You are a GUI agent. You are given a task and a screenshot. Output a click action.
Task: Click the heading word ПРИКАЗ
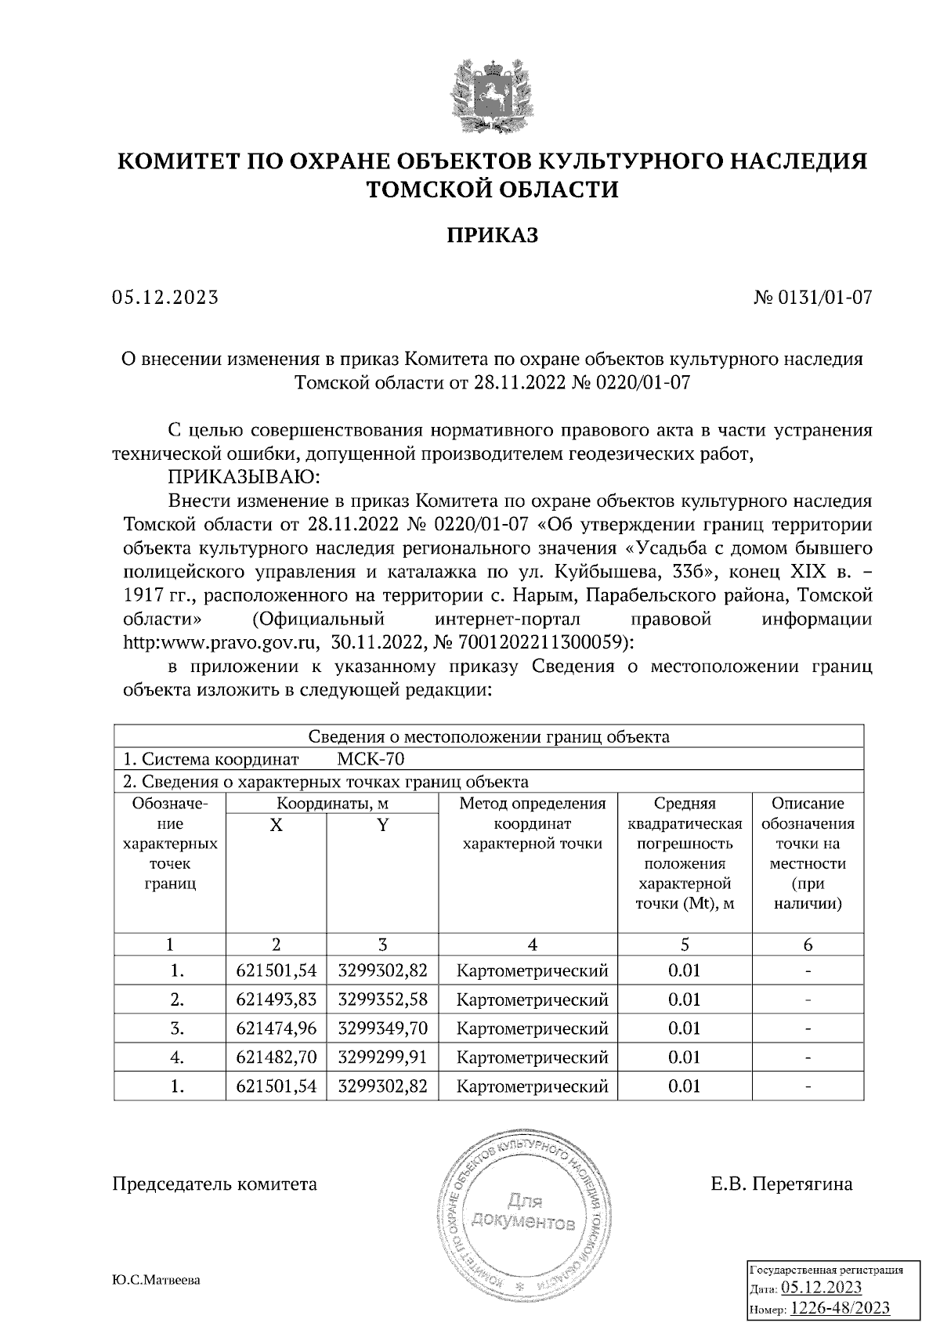point(492,235)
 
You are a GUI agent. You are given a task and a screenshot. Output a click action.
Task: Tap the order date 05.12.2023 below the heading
point(164,298)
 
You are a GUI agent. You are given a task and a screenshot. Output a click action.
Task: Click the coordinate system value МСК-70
point(371,759)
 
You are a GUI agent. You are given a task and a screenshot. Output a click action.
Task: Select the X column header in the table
point(276,825)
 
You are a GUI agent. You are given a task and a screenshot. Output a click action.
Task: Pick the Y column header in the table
point(382,825)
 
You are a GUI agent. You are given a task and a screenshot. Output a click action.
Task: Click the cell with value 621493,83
point(276,999)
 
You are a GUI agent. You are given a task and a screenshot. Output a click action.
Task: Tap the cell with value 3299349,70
point(382,1028)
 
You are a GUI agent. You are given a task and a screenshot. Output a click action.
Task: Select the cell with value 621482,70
point(276,1057)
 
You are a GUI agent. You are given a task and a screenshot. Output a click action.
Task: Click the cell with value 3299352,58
point(382,999)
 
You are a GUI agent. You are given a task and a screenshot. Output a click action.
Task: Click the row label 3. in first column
point(177,1028)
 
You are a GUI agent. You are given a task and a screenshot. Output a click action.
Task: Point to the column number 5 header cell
point(684,945)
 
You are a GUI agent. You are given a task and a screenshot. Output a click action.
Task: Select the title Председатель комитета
point(215,1184)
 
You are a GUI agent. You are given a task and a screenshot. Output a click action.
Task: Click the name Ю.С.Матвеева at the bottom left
point(156,1280)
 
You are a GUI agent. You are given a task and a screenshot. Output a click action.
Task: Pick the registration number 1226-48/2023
point(841,1308)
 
